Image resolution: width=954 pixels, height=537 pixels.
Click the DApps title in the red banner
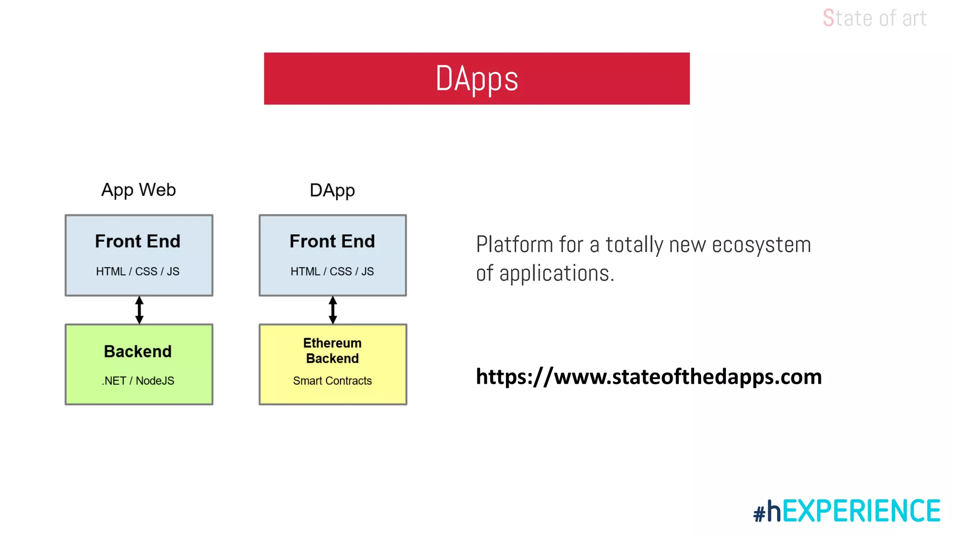(x=477, y=79)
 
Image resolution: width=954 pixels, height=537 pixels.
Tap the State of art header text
(x=874, y=19)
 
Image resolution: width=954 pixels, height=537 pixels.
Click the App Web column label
(x=138, y=190)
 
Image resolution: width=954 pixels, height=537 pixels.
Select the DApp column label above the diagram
(x=332, y=190)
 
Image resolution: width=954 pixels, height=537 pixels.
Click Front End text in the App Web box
(x=137, y=241)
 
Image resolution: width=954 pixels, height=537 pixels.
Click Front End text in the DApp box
(x=332, y=241)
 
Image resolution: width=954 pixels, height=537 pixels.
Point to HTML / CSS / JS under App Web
(x=137, y=271)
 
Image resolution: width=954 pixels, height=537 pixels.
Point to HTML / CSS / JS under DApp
(x=332, y=271)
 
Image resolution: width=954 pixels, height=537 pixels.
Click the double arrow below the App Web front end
(x=139, y=310)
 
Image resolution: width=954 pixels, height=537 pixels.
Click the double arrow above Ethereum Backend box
(x=333, y=310)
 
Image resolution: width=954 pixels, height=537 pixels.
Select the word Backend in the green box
(x=137, y=351)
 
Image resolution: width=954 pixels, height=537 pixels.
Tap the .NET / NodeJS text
(x=138, y=381)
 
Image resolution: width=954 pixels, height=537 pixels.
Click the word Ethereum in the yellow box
(x=332, y=343)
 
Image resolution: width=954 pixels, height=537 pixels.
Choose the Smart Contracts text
(x=332, y=381)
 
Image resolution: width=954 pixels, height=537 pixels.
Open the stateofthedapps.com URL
(x=648, y=377)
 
